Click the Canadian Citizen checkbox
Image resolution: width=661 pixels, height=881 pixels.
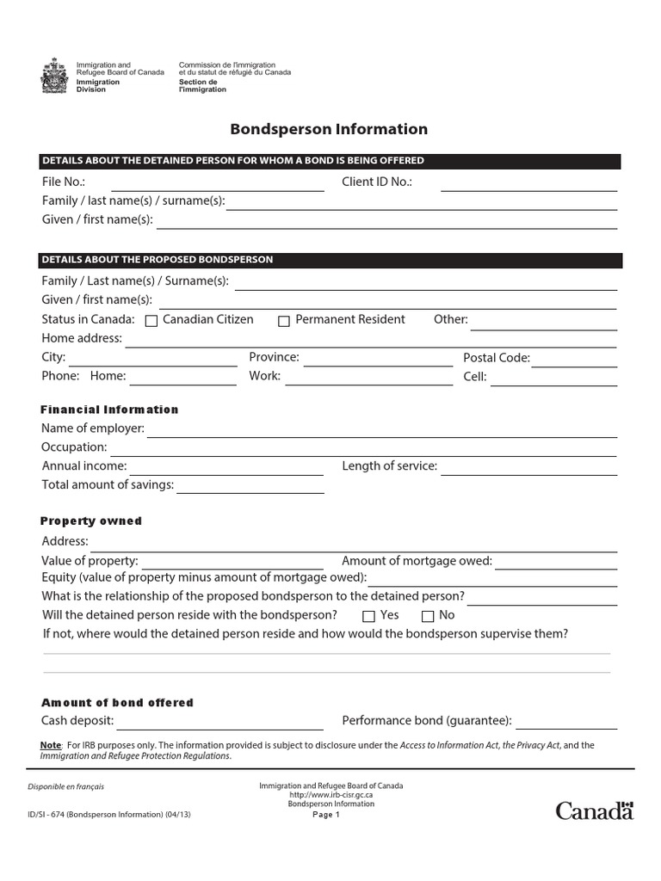pyautogui.click(x=151, y=321)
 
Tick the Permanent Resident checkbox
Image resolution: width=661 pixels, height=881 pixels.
pyautogui.click(x=284, y=321)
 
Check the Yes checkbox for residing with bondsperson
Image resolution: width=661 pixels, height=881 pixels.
pyautogui.click(x=368, y=616)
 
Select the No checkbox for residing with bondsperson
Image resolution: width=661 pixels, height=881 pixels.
pyautogui.click(x=428, y=616)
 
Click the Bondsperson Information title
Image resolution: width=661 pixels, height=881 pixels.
pyautogui.click(x=329, y=130)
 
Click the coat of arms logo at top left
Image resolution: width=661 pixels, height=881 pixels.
pyautogui.click(x=53, y=76)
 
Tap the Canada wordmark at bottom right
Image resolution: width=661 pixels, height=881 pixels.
pyautogui.click(x=594, y=810)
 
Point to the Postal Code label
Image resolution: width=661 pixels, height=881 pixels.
pyautogui.click(x=497, y=358)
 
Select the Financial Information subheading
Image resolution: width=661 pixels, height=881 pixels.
pyautogui.click(x=110, y=410)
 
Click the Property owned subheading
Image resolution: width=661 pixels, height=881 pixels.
pyautogui.click(x=91, y=521)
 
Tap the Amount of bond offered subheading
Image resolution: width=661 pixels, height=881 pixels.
pyautogui.click(x=118, y=703)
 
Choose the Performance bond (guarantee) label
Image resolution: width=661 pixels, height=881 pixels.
pyautogui.click(x=427, y=721)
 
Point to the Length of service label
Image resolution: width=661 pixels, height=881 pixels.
pyautogui.click(x=390, y=466)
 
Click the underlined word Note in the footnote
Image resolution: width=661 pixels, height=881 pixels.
pyautogui.click(x=51, y=745)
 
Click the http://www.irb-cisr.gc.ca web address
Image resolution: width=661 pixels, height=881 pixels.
pyautogui.click(x=330, y=795)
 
